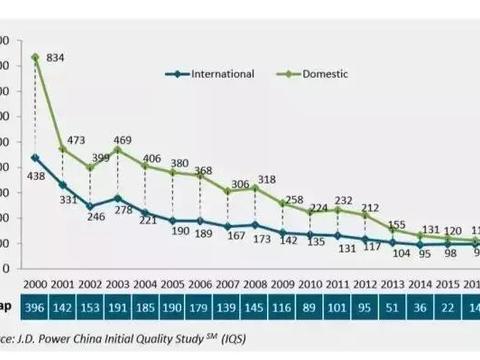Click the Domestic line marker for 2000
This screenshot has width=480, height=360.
click(36, 57)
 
